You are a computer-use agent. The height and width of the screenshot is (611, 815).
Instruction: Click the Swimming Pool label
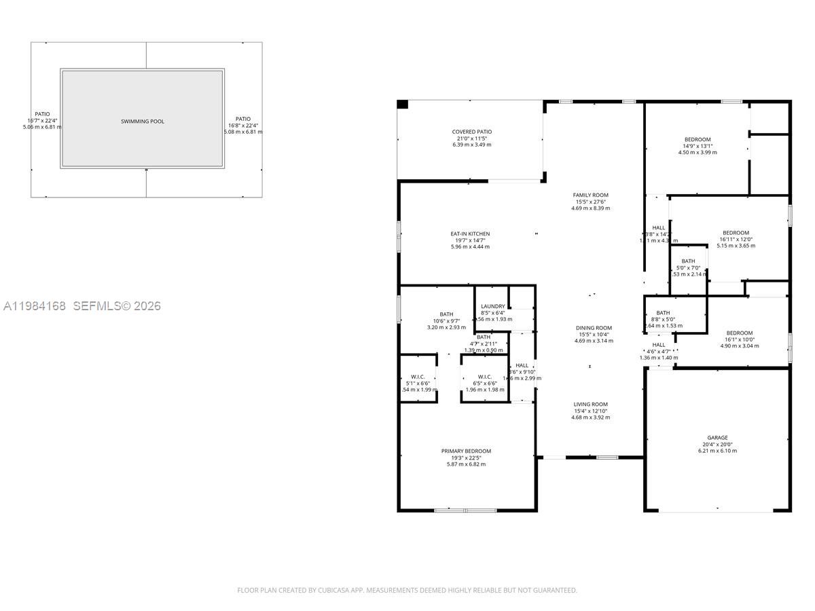[143, 122]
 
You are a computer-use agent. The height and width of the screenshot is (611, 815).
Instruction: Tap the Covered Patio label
[472, 132]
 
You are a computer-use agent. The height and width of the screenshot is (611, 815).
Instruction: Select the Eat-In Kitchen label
[470, 234]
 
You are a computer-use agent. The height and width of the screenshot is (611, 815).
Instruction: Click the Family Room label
[590, 196]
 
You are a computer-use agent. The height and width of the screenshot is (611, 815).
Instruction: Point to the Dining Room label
[594, 328]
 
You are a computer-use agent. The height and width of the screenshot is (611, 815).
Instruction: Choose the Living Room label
[590, 405]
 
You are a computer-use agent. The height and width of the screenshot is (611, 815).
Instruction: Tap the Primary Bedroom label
[466, 451]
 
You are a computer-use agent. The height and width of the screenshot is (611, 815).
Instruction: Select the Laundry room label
[492, 307]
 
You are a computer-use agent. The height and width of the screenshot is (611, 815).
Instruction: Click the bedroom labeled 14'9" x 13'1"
[698, 140]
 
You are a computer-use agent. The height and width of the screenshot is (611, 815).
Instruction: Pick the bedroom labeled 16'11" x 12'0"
[736, 233]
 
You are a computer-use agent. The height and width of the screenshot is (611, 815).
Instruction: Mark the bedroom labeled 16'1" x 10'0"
[740, 333]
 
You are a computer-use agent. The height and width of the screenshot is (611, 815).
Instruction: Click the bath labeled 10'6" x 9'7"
[446, 314]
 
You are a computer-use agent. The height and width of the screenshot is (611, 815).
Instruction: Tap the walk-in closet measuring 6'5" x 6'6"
[485, 377]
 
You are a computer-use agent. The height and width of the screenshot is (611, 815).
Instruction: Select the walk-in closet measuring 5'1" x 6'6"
[418, 377]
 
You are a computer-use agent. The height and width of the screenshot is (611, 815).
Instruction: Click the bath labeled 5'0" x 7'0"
[688, 261]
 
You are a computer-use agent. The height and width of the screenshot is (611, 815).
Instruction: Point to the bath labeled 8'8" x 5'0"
[663, 313]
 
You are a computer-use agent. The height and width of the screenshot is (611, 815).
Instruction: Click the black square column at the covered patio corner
[402, 105]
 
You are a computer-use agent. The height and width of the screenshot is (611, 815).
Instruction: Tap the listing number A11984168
[35, 306]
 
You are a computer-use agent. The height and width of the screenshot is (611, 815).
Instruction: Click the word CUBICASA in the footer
[333, 591]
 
